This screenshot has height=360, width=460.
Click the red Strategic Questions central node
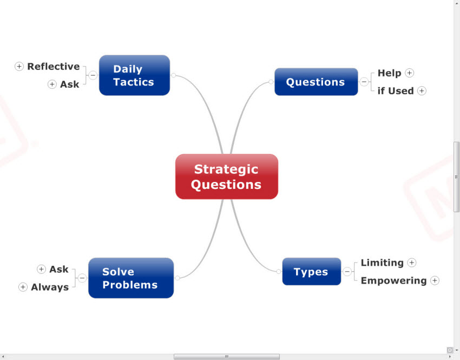226,176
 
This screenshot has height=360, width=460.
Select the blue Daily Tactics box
134,75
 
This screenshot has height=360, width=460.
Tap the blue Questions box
316,82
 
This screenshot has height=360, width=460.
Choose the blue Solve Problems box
130,278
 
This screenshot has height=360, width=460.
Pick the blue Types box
311,272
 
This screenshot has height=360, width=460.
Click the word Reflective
54,67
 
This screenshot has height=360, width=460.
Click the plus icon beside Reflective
19,67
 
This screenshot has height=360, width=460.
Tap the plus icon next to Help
410,73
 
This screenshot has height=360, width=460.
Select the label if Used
396,91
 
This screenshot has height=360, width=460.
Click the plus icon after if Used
422,91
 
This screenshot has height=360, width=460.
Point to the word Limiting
382,263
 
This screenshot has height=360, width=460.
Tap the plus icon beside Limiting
412,263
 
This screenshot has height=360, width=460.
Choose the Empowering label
393,280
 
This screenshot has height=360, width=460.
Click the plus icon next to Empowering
435,280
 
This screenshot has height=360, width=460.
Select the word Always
50,287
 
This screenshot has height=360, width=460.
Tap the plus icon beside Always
23,287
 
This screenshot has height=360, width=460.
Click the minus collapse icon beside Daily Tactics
93,75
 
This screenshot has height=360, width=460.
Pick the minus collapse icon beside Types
347,272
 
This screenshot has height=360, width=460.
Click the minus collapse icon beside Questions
364,82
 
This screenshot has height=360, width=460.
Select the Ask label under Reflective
70,84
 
